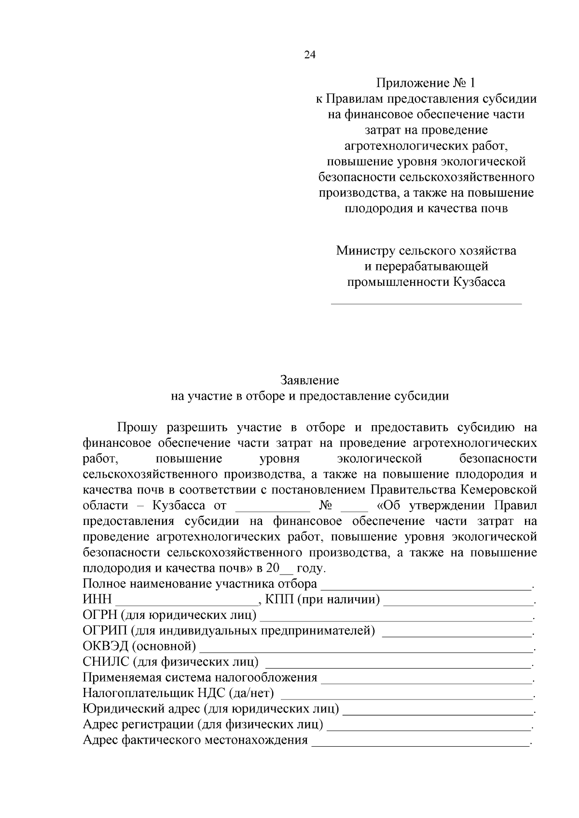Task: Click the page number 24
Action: [x=309, y=55]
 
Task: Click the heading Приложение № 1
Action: [x=426, y=83]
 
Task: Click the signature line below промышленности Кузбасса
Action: [x=426, y=303]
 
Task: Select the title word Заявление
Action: [x=309, y=380]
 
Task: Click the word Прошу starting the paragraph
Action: [x=137, y=428]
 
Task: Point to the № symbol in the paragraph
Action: [x=324, y=506]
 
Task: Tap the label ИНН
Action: [x=97, y=599]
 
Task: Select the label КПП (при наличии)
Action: [x=322, y=599]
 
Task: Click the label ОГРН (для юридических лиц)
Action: [x=169, y=615]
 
